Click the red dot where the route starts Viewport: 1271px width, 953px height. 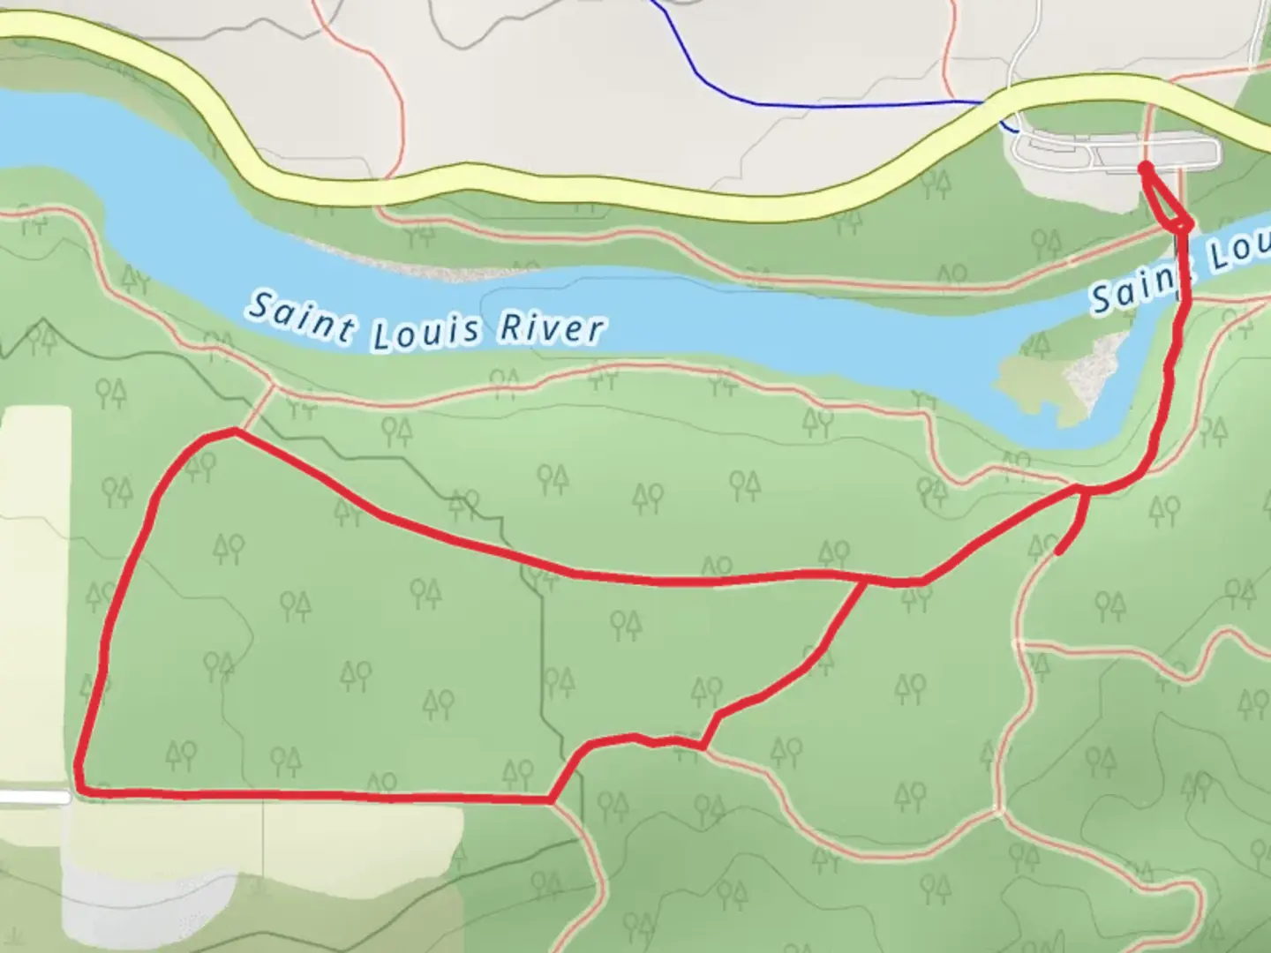click(1145, 167)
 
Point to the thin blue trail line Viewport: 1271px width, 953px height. click(847, 105)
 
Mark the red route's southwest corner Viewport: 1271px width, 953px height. click(81, 789)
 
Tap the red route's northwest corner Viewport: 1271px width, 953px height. click(231, 431)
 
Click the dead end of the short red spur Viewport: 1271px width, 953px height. click(1058, 552)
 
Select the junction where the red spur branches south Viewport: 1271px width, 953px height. click(1082, 488)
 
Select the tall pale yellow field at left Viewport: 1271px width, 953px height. click(35, 591)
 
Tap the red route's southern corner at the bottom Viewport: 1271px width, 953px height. click(552, 800)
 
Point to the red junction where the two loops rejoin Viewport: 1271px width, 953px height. click(863, 581)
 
